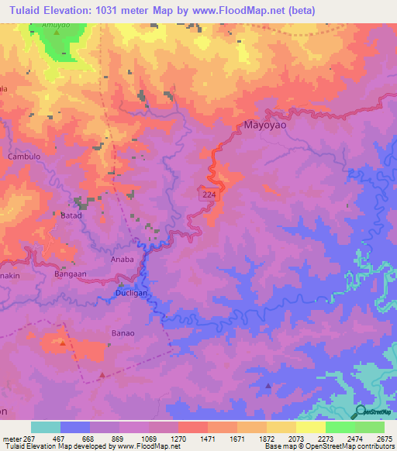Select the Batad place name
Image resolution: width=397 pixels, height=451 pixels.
[71, 216]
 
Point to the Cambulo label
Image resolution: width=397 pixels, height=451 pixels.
[24, 156]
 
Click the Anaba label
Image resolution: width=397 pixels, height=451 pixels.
[123, 260]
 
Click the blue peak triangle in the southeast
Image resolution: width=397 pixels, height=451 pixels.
[269, 385]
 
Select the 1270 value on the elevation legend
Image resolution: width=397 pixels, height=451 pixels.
[178, 438]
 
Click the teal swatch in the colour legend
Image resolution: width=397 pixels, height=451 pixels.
[45, 427]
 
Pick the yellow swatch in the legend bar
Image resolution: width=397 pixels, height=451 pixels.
[311, 427]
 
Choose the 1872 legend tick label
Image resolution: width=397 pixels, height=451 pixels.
[267, 438]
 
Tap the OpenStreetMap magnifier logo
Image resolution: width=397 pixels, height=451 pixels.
[360, 411]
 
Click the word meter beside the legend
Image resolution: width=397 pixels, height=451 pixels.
[14, 438]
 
